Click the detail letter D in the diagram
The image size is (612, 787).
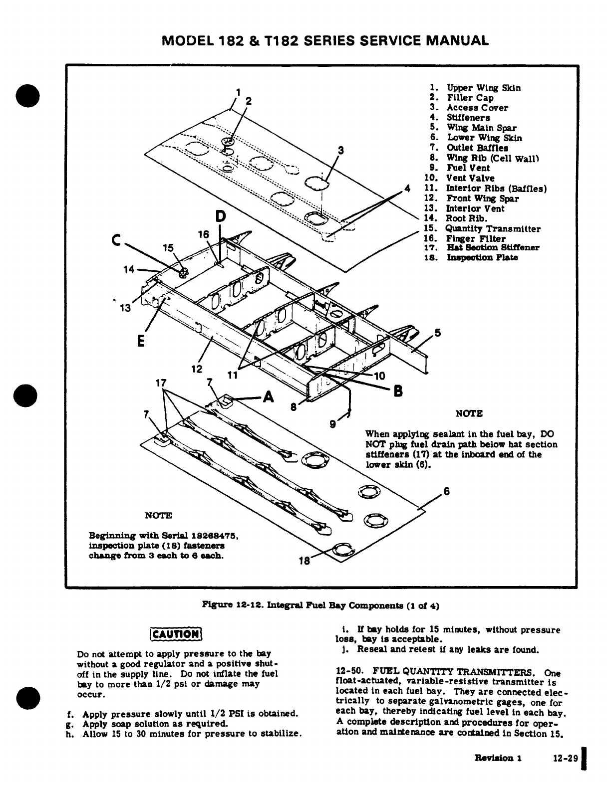tap(220, 216)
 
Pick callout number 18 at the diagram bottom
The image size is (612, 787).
tap(304, 561)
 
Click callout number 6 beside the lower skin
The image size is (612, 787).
tap(447, 491)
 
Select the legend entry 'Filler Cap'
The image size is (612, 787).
tap(470, 98)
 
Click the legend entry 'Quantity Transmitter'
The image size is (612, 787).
tap(493, 229)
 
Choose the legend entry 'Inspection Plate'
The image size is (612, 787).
tap(482, 257)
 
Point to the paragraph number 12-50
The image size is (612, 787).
tap(348, 671)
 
